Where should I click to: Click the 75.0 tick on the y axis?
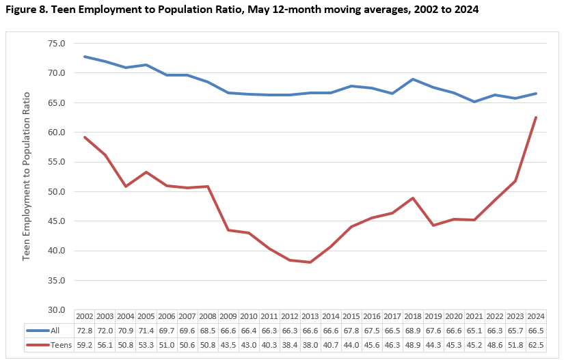point(56,43)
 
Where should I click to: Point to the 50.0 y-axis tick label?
point(56,191)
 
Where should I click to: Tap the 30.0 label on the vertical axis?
point(56,309)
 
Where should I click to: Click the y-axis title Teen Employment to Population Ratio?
point(27,177)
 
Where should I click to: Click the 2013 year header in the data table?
point(309,317)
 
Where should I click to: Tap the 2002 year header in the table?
point(84,317)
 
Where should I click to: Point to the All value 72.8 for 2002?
point(84,331)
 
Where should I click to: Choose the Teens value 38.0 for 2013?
point(309,346)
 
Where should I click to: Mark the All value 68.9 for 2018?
point(412,331)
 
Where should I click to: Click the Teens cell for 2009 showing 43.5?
point(228,346)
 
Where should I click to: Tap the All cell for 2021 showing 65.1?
point(473,331)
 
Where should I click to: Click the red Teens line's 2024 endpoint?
point(535,117)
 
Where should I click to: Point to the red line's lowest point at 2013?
point(310,262)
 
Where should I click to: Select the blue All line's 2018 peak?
point(412,79)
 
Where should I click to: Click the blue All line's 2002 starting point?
point(85,56)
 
